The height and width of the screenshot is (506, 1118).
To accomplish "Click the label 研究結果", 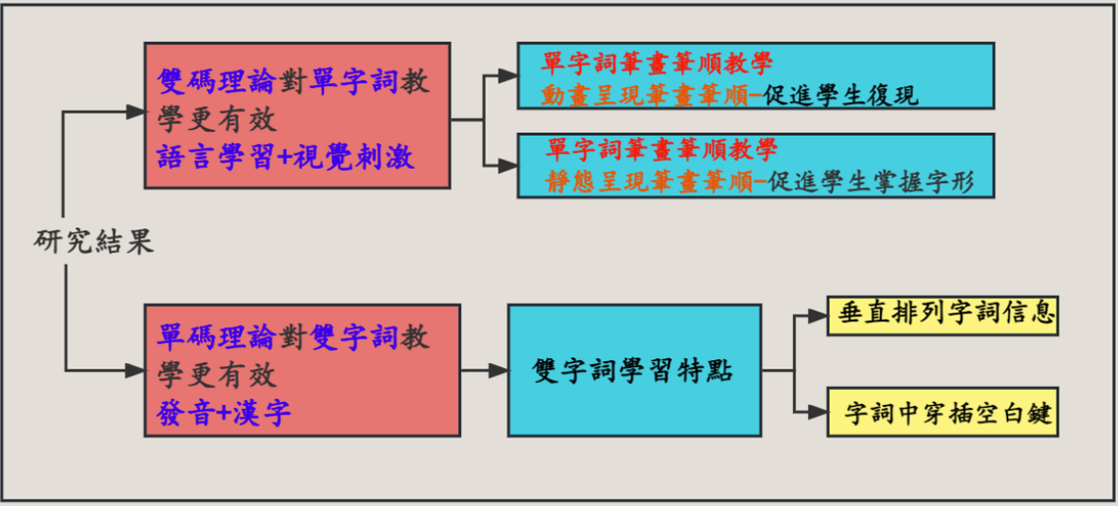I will [x=94, y=242].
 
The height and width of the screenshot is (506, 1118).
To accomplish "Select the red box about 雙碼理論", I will [x=296, y=115].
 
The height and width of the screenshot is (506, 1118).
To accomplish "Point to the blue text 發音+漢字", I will [x=224, y=412].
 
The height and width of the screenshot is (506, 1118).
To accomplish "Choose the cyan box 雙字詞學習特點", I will [x=634, y=370].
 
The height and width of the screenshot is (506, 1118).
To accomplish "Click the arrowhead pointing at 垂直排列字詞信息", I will [x=818, y=316].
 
